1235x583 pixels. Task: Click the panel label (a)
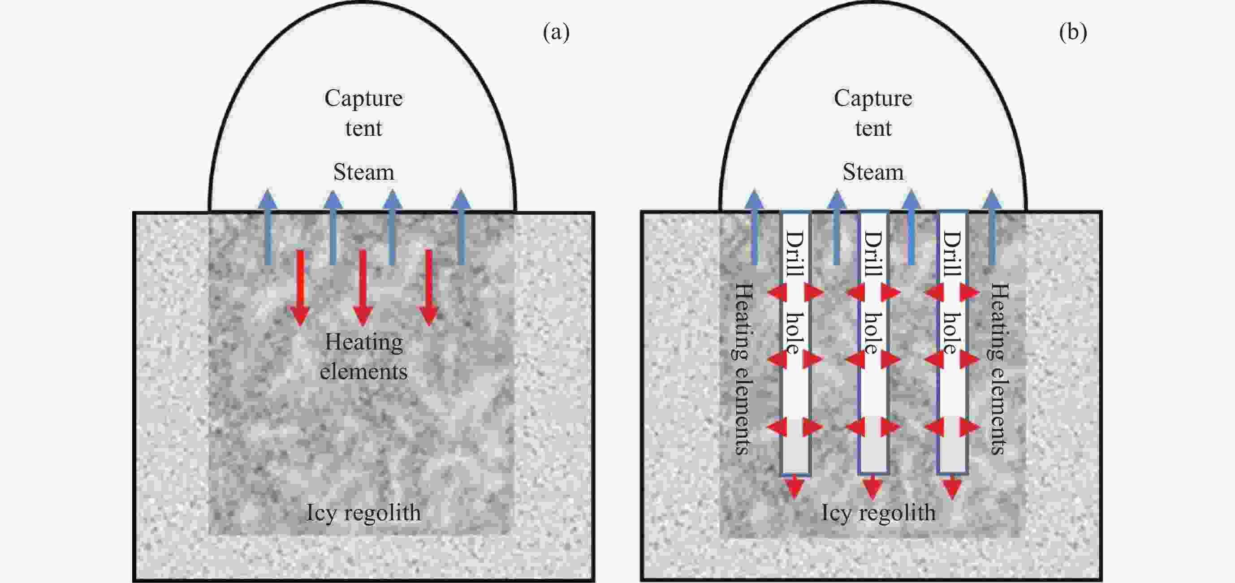[x=556, y=33]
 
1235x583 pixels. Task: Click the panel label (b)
[x=1072, y=33]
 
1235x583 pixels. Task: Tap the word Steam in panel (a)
[x=363, y=172]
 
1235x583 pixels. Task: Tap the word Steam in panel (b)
[x=873, y=172]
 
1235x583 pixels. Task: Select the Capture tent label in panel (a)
[x=363, y=113]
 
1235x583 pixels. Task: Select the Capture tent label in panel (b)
[x=873, y=113]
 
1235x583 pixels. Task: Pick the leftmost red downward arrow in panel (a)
[x=300, y=288]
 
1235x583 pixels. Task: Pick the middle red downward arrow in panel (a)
[x=363, y=288]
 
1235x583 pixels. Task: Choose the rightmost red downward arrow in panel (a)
[x=428, y=288]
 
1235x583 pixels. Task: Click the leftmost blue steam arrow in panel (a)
[x=268, y=228]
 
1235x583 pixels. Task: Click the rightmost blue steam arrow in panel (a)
[x=461, y=228]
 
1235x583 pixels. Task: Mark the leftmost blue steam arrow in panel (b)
[x=755, y=228]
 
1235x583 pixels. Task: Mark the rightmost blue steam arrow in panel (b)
[x=992, y=228]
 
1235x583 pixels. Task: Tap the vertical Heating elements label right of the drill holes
[x=1000, y=368]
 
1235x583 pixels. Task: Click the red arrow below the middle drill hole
[x=872, y=487]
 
